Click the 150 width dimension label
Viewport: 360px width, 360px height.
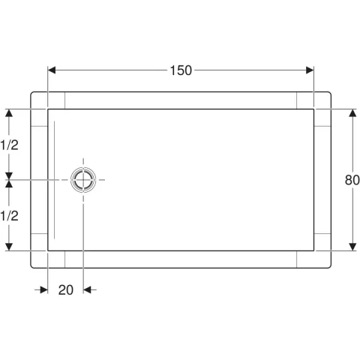tap(181, 70)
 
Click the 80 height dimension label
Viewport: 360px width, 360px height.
tap(352, 180)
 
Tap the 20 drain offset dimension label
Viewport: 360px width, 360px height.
tap(66, 290)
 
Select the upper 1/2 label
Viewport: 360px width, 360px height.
tap(9, 145)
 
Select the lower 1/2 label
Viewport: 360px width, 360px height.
tap(9, 216)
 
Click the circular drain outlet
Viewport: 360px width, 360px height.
tap(83, 180)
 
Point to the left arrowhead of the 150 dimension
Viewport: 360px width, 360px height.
tap(52, 70)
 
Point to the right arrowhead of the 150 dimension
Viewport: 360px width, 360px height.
tap(310, 70)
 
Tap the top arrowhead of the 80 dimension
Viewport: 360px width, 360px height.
tap(352, 113)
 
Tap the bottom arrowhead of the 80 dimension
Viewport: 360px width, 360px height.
tap(352, 247)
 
